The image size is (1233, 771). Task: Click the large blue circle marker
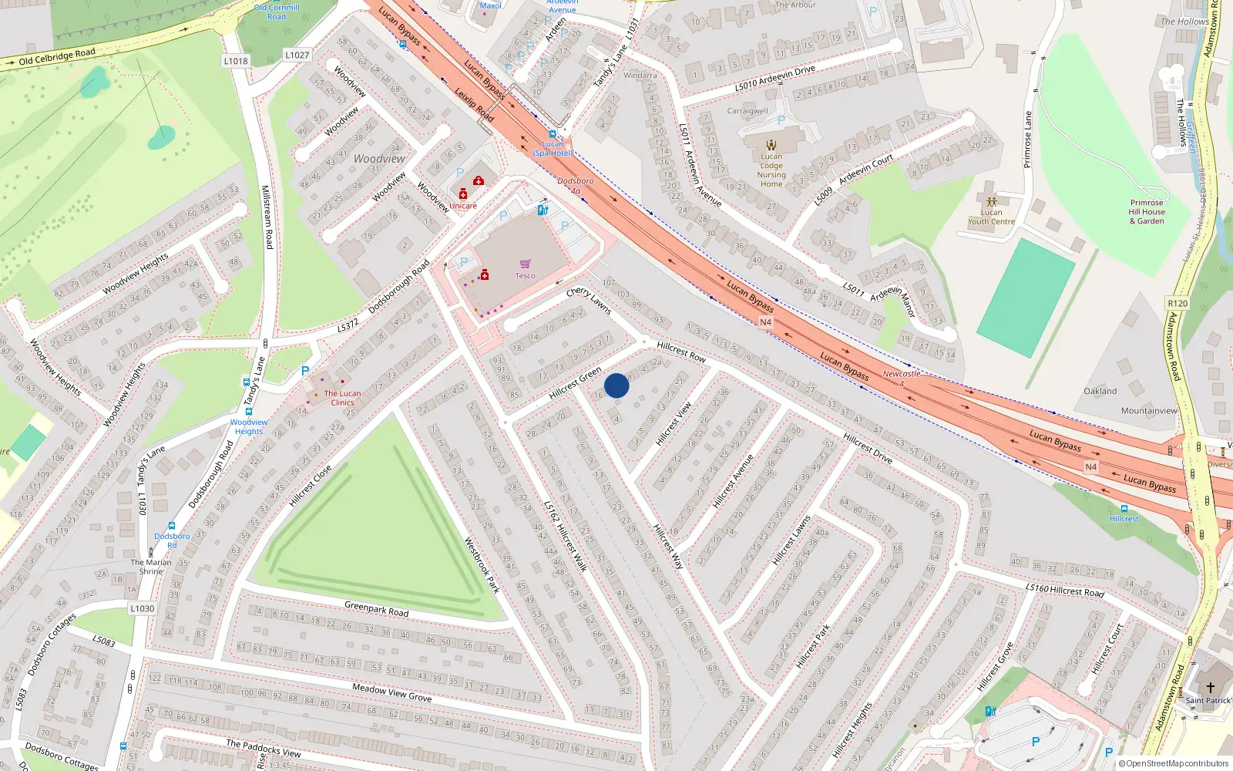click(x=616, y=385)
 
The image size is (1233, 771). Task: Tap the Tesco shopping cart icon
click(x=525, y=264)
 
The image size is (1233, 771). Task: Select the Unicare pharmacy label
click(x=463, y=206)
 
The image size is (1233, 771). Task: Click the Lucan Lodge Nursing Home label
click(x=771, y=170)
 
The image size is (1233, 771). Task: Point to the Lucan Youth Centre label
click(x=991, y=217)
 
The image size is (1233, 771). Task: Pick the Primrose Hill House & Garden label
click(x=1147, y=212)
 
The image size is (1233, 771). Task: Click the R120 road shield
click(x=1178, y=303)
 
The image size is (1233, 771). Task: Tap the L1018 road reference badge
click(x=236, y=61)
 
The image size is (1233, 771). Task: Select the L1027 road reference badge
click(x=297, y=55)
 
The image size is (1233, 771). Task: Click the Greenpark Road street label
click(x=377, y=609)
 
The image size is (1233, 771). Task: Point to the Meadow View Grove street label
click(x=391, y=692)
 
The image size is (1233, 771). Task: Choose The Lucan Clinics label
click(x=342, y=398)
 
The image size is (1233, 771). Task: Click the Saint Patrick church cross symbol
click(x=1210, y=687)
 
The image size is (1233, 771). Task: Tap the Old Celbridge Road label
click(x=57, y=57)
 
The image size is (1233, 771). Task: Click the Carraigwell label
click(x=748, y=111)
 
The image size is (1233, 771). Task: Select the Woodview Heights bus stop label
click(x=249, y=426)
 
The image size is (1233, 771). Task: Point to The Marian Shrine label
click(x=151, y=567)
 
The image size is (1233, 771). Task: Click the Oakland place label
click(x=1100, y=391)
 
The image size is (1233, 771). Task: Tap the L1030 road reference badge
click(x=142, y=608)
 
